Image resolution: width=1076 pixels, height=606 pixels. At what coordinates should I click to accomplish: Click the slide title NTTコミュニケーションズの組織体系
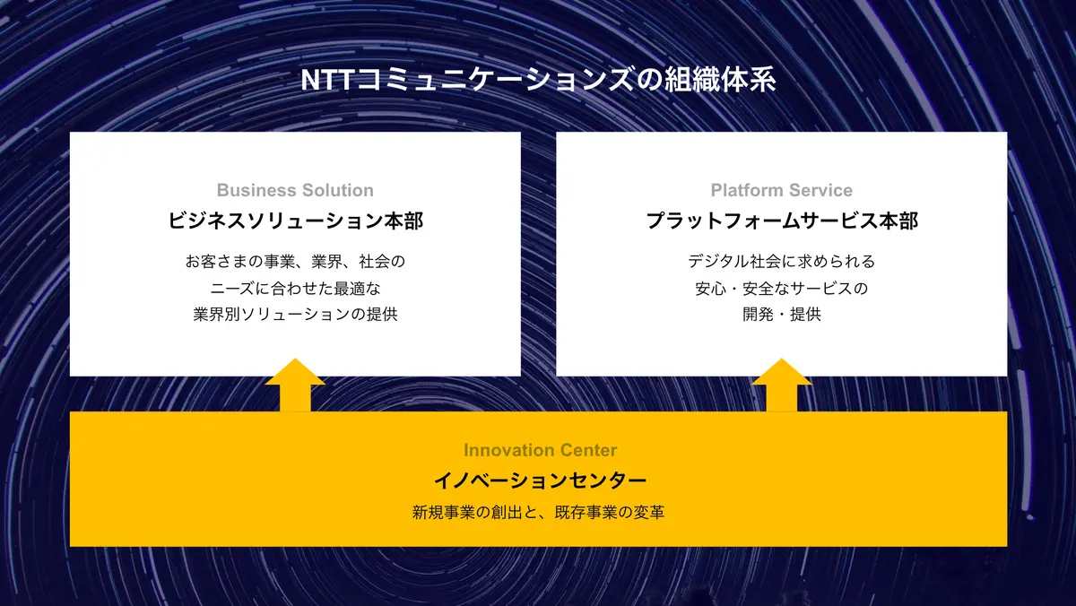pos(538,80)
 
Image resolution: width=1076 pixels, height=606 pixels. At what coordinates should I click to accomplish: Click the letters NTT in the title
pos(327,80)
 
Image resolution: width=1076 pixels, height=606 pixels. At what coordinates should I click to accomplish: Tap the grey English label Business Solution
pos(295,190)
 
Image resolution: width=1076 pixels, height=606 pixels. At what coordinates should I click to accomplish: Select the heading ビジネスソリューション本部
pos(295,221)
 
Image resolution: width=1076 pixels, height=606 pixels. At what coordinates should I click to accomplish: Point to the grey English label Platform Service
pos(782,190)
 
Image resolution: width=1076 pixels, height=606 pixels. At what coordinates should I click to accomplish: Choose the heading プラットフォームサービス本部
pos(782,221)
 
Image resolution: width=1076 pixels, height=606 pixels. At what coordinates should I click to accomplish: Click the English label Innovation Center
pos(540,450)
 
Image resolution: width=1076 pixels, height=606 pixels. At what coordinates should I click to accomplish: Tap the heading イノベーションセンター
pos(540,480)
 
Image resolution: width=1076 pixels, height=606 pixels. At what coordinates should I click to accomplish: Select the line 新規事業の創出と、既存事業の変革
pos(539,513)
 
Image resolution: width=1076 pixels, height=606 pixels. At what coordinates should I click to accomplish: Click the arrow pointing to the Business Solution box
pos(295,385)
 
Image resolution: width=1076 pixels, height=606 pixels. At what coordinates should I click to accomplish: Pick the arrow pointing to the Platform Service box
pos(782,385)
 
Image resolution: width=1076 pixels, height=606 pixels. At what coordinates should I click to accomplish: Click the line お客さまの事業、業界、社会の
pos(295,261)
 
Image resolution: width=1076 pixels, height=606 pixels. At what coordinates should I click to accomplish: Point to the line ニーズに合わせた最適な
pos(295,288)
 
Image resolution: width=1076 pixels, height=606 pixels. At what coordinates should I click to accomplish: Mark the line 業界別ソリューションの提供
pos(295,314)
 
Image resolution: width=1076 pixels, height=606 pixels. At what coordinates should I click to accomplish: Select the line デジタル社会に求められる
pos(782,261)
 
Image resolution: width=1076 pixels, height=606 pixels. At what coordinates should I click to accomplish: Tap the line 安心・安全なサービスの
pos(782,288)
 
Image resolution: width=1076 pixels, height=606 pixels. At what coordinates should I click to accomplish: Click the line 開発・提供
pos(782,314)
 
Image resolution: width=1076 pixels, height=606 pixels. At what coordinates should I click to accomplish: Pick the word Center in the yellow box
pos(588,450)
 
